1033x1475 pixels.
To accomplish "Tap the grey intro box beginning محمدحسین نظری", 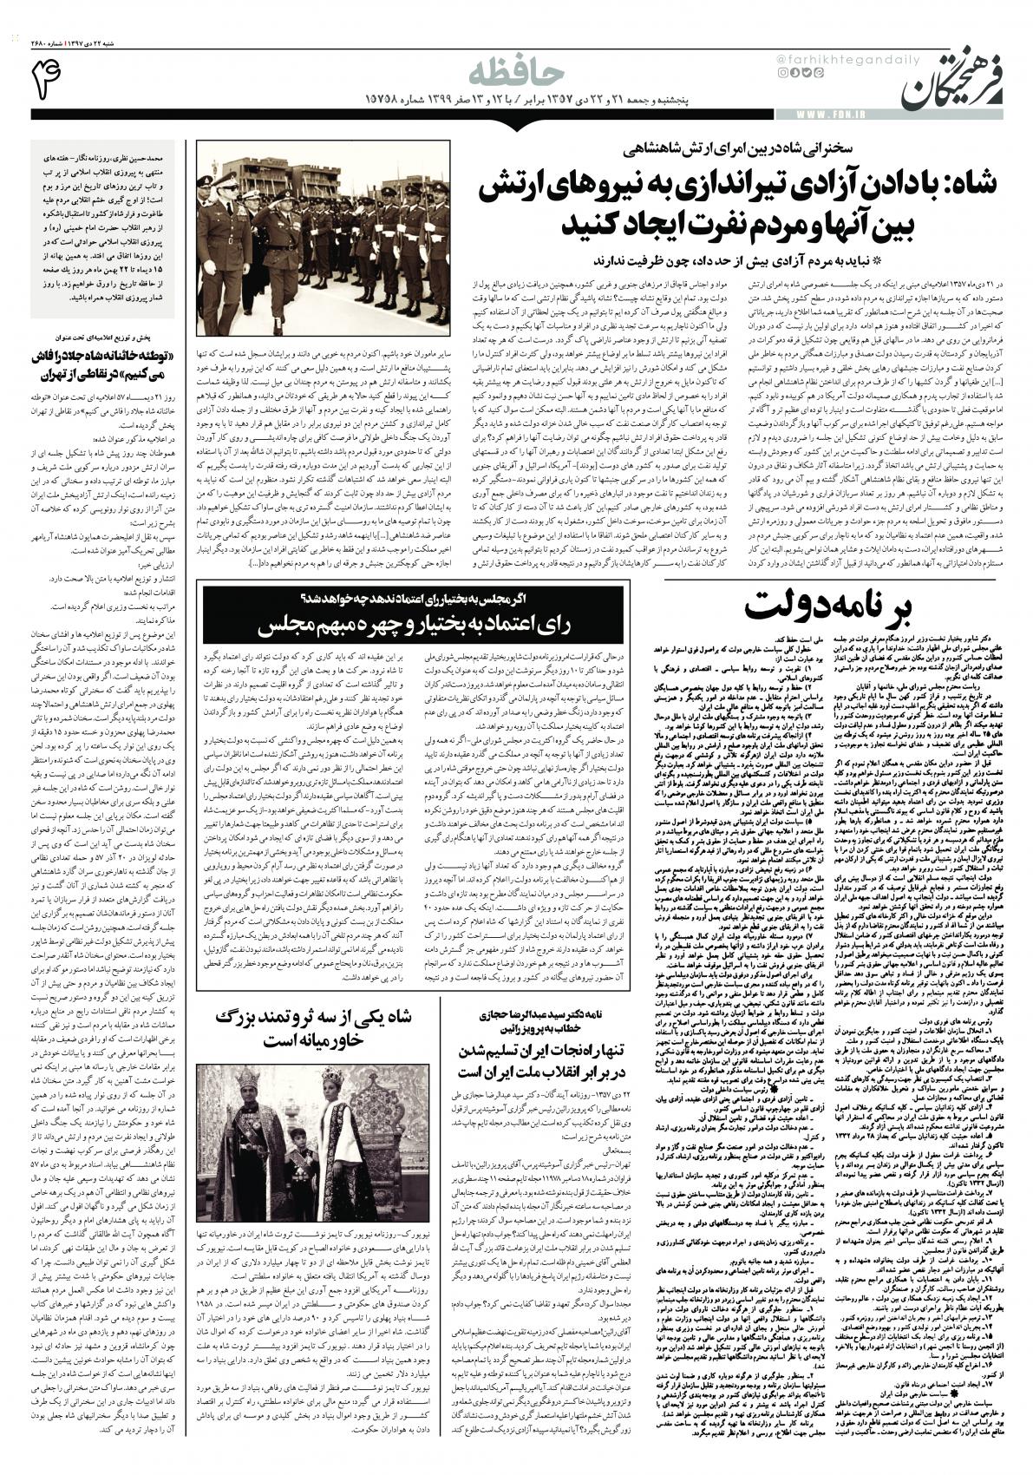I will point(102,230).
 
